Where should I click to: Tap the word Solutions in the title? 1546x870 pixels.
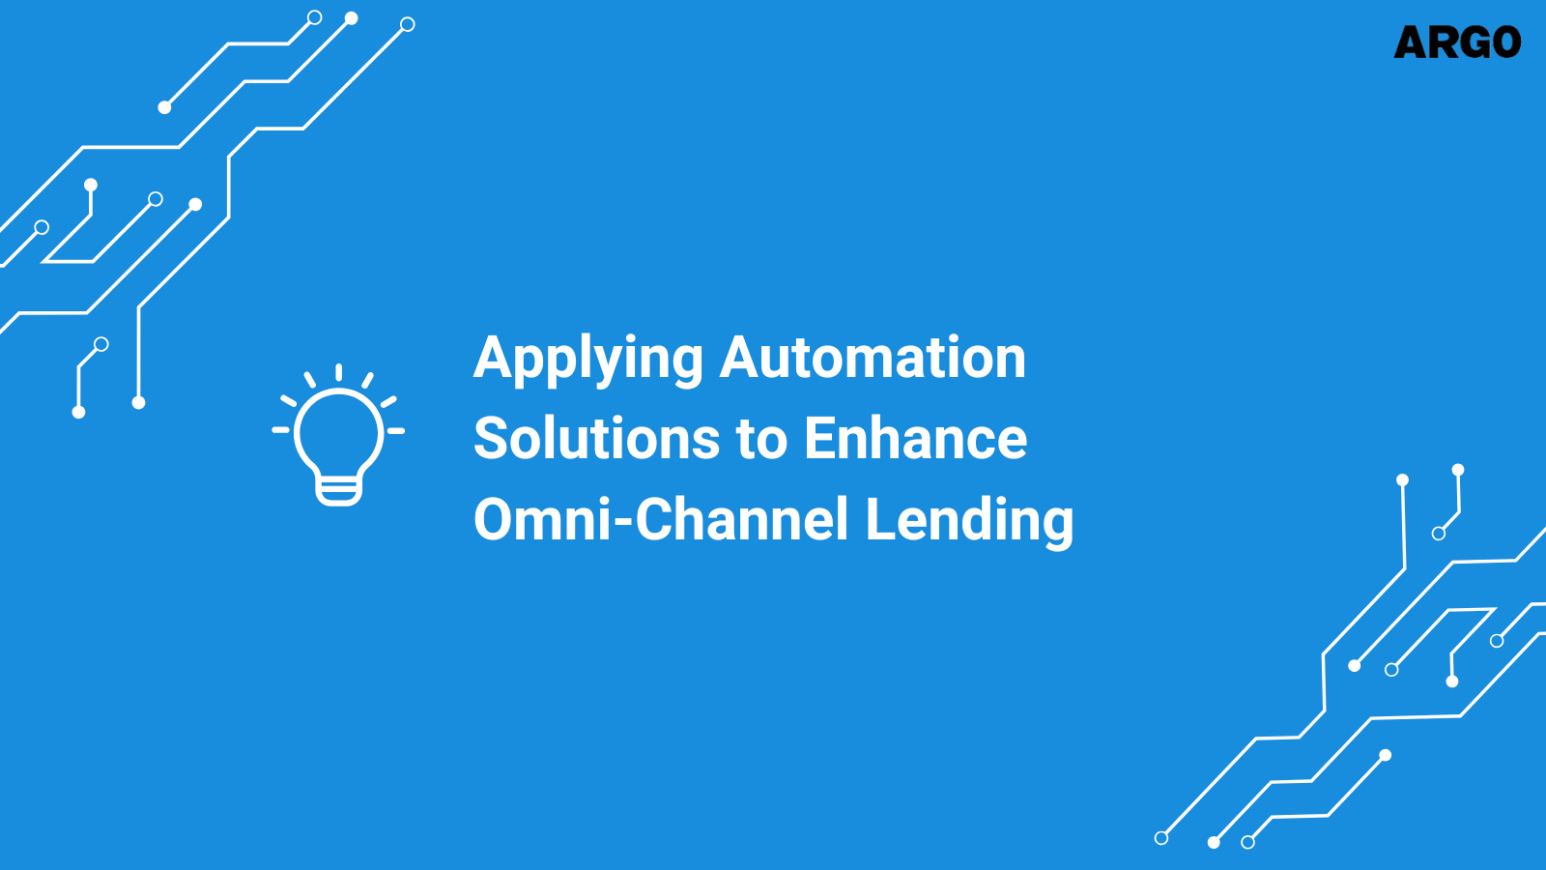click(596, 439)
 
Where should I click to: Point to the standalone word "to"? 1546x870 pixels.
click(762, 440)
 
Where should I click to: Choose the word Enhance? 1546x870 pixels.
click(915, 439)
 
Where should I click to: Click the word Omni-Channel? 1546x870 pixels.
click(661, 520)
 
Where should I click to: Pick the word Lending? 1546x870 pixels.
click(969, 522)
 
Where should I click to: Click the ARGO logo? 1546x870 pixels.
click(1457, 43)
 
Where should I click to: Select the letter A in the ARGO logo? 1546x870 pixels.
click(1413, 43)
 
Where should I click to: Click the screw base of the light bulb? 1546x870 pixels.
click(339, 491)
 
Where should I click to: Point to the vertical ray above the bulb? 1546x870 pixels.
click(338, 373)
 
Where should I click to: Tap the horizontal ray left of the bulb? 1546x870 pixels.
click(281, 429)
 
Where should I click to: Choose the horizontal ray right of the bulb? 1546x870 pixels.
click(396, 430)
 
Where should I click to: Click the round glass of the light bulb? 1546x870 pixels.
click(339, 431)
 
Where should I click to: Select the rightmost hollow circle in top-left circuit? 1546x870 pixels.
click(408, 24)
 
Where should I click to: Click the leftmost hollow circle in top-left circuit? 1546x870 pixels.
click(42, 228)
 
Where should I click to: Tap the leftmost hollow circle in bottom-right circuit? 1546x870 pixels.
click(1161, 838)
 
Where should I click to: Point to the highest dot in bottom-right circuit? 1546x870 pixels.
click(1458, 470)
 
